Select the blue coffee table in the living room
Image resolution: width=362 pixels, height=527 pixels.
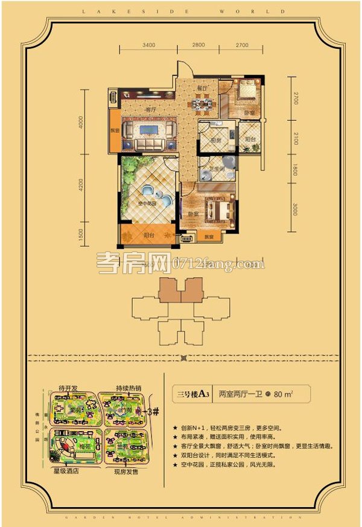(x=147, y=131)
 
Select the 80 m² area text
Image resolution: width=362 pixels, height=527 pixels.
(x=296, y=397)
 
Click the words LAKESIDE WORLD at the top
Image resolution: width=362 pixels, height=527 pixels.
(x=181, y=10)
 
